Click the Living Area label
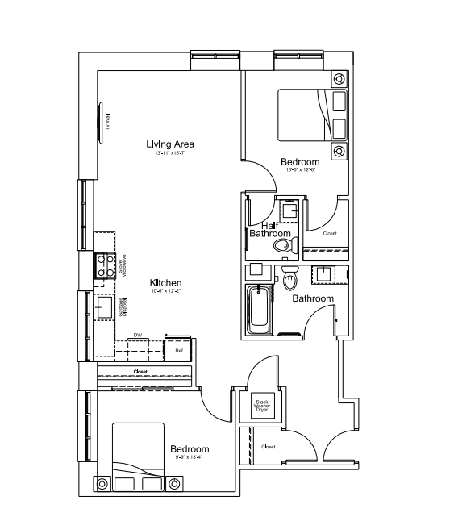(x=169, y=144)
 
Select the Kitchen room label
(x=165, y=283)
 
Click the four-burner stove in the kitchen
(x=104, y=266)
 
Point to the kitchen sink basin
(x=104, y=307)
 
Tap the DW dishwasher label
(x=138, y=335)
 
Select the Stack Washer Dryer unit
(x=262, y=404)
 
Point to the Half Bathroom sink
(x=289, y=209)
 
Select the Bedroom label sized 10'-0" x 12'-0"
(x=300, y=160)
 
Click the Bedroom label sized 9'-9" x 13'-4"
(x=190, y=449)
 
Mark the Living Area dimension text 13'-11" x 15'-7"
(x=169, y=154)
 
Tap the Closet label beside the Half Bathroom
(x=329, y=233)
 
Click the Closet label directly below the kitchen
(x=140, y=371)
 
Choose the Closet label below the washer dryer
(x=269, y=446)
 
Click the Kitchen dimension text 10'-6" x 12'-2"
(x=165, y=292)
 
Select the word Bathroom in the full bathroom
(x=313, y=298)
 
